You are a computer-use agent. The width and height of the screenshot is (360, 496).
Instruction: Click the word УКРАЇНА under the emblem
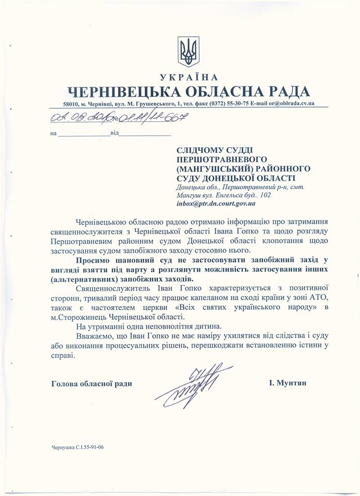[x=190, y=78]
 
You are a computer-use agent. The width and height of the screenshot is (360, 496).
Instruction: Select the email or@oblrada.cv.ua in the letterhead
[x=287, y=104]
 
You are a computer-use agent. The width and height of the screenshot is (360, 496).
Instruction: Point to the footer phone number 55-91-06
[x=99, y=448]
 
